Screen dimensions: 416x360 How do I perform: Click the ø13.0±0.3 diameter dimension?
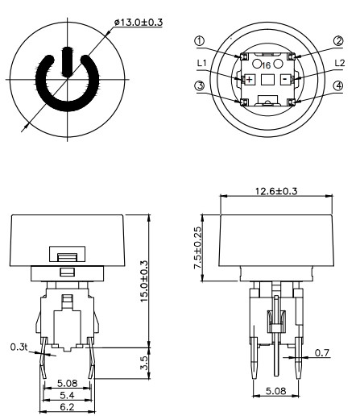click(x=139, y=21)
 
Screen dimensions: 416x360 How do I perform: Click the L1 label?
click(x=203, y=62)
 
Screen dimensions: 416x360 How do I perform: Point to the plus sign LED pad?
click(x=248, y=79)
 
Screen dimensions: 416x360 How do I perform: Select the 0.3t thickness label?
click(x=19, y=347)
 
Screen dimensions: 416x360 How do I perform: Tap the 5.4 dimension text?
click(x=67, y=397)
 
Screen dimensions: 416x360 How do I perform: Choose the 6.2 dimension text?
click(x=67, y=409)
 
